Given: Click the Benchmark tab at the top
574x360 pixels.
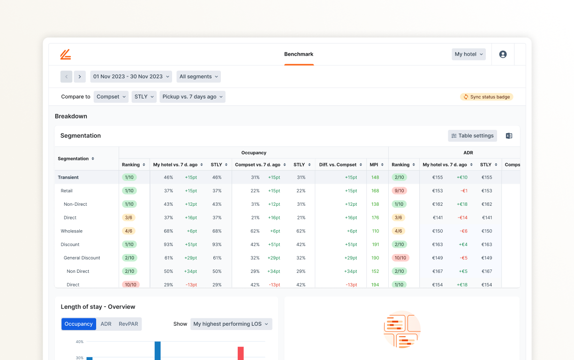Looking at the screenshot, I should point(299,54).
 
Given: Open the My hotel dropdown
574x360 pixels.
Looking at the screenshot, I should point(468,54).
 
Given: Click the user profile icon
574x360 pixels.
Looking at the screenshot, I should point(503,54).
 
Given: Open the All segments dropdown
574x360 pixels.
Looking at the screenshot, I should point(198,77).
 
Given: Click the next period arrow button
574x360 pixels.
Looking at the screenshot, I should point(80,77).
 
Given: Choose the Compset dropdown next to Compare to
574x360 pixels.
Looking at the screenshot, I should point(111,97).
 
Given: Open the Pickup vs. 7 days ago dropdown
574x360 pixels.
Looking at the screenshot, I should point(192,97).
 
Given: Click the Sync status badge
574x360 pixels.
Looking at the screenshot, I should point(486,97).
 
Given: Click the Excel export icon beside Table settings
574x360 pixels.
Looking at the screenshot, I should point(509,136).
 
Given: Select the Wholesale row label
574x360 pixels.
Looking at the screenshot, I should point(71,231).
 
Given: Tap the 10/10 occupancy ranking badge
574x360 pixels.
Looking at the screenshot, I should point(130,285).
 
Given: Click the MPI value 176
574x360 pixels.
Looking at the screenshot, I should point(375,218).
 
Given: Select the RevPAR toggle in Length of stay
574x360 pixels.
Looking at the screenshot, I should point(128,324).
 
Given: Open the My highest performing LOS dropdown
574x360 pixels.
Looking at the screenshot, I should point(231,324).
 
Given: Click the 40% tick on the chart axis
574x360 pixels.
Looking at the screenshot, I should point(80,342).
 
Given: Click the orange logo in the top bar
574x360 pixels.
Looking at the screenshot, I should point(66,54).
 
